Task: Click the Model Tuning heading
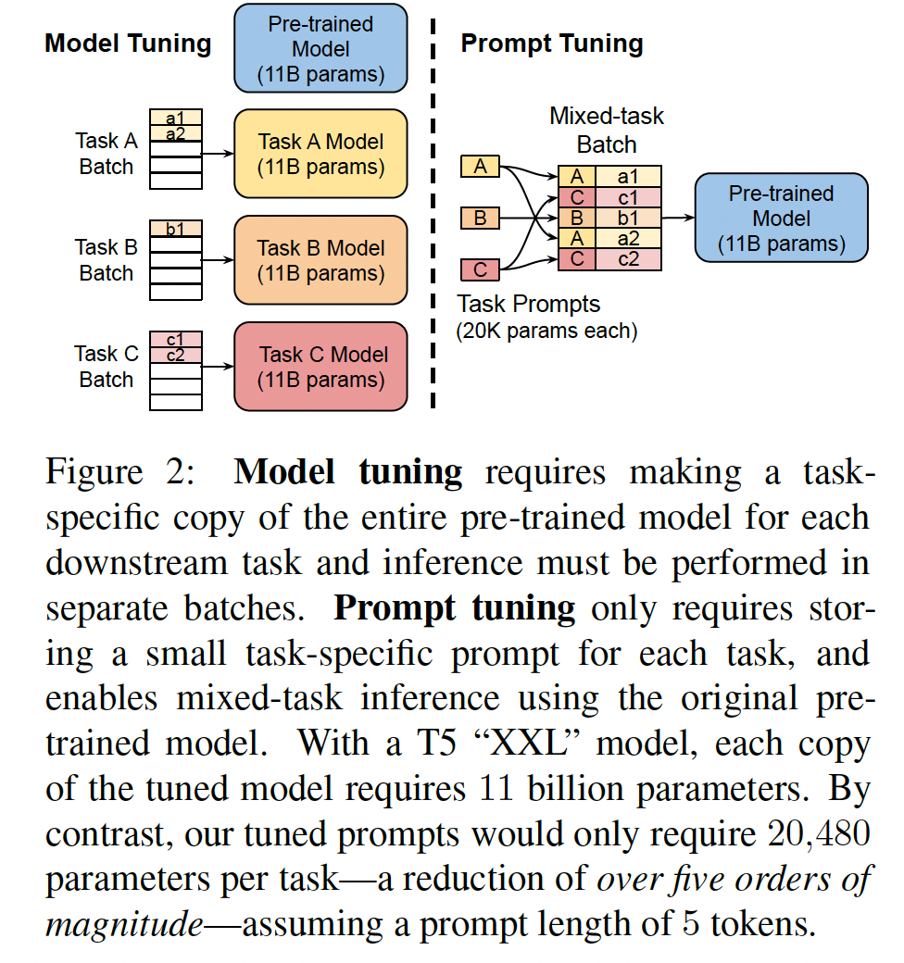pos(128,44)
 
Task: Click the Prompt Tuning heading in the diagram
pos(552,44)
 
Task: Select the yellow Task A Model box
pos(320,154)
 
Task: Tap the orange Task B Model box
pos(320,260)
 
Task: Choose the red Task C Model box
pos(320,367)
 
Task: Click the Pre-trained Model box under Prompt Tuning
pos(781,219)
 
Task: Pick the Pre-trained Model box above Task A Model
pos(320,48)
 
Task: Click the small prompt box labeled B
pos(480,219)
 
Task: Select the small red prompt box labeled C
pos(480,269)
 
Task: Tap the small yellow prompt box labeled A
pos(480,167)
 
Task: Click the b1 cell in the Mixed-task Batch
pos(628,219)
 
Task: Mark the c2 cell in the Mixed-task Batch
pos(628,259)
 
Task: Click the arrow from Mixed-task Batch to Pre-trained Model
pos(678,219)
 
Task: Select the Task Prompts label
pos(529,304)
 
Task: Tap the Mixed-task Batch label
pos(607,131)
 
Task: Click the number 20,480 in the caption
pos(819,835)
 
